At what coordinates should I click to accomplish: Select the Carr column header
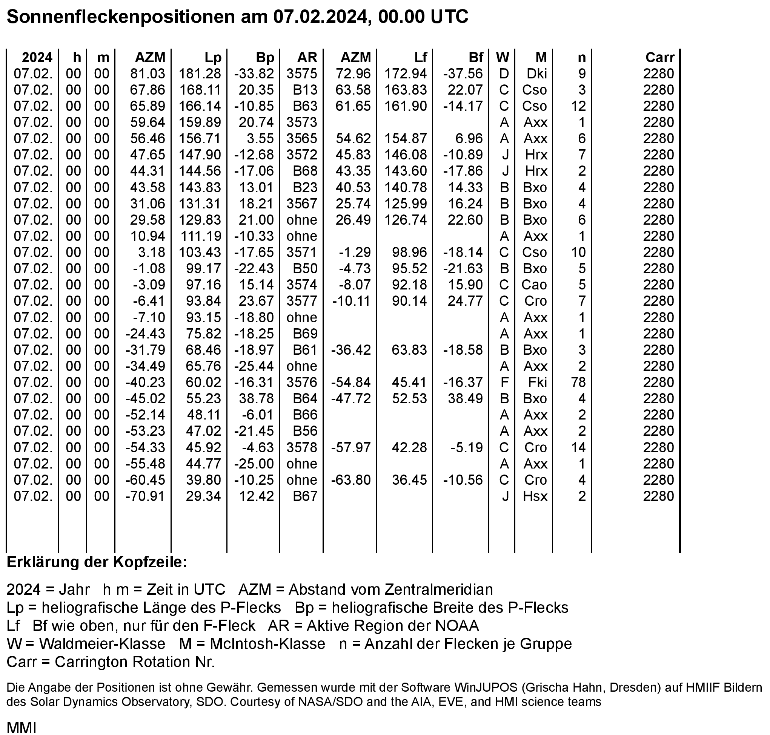coord(660,58)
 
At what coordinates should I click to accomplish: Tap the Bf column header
coord(476,58)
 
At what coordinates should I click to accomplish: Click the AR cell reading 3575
coord(301,73)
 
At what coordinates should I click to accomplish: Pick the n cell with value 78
coord(578,382)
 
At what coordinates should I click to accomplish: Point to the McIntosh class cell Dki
coord(536,73)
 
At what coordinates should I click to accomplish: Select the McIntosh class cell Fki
coord(537,382)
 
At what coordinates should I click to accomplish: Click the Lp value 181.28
coord(200,73)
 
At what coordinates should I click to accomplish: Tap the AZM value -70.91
coord(145,496)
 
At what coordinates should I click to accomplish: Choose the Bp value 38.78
coord(256,398)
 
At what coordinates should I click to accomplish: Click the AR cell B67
coord(305,496)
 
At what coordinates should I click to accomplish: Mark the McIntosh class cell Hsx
coord(535,496)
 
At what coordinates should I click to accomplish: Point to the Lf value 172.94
coord(406,73)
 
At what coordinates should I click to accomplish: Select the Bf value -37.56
coord(463,73)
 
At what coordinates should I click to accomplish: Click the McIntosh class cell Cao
coord(534,285)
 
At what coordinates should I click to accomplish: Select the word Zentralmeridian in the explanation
coord(438,590)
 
